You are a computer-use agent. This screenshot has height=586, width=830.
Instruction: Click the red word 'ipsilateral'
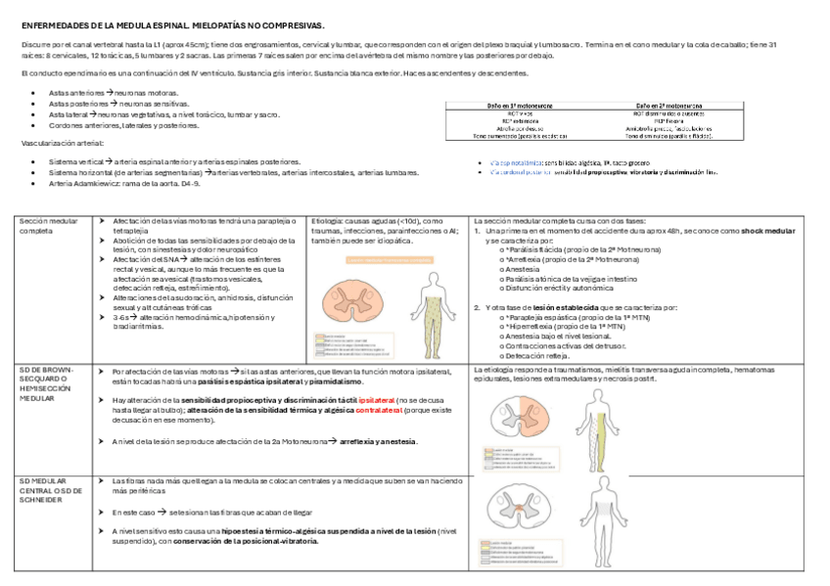[377, 400]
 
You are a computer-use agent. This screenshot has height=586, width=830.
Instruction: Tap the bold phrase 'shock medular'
[768, 231]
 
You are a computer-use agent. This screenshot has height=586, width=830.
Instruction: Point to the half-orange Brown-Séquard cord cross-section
[523, 413]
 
